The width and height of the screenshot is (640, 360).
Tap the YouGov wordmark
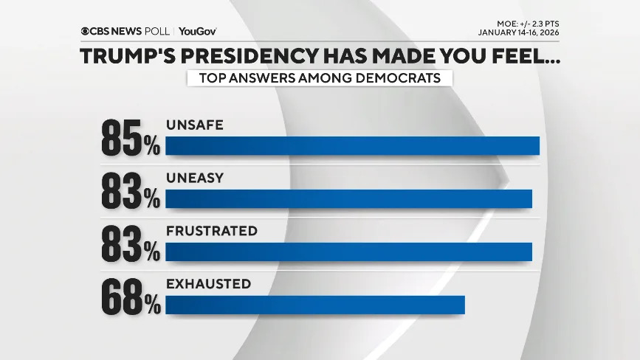197,32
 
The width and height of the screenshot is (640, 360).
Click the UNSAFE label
195,125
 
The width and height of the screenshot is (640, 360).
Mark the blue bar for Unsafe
352,145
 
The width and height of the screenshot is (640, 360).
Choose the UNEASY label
195,179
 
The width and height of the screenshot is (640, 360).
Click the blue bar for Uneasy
348,198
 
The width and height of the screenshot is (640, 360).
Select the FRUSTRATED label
212,232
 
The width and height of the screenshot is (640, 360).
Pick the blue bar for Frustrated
348,252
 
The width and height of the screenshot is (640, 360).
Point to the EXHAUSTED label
209,284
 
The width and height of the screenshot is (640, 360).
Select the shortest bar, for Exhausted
315,305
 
